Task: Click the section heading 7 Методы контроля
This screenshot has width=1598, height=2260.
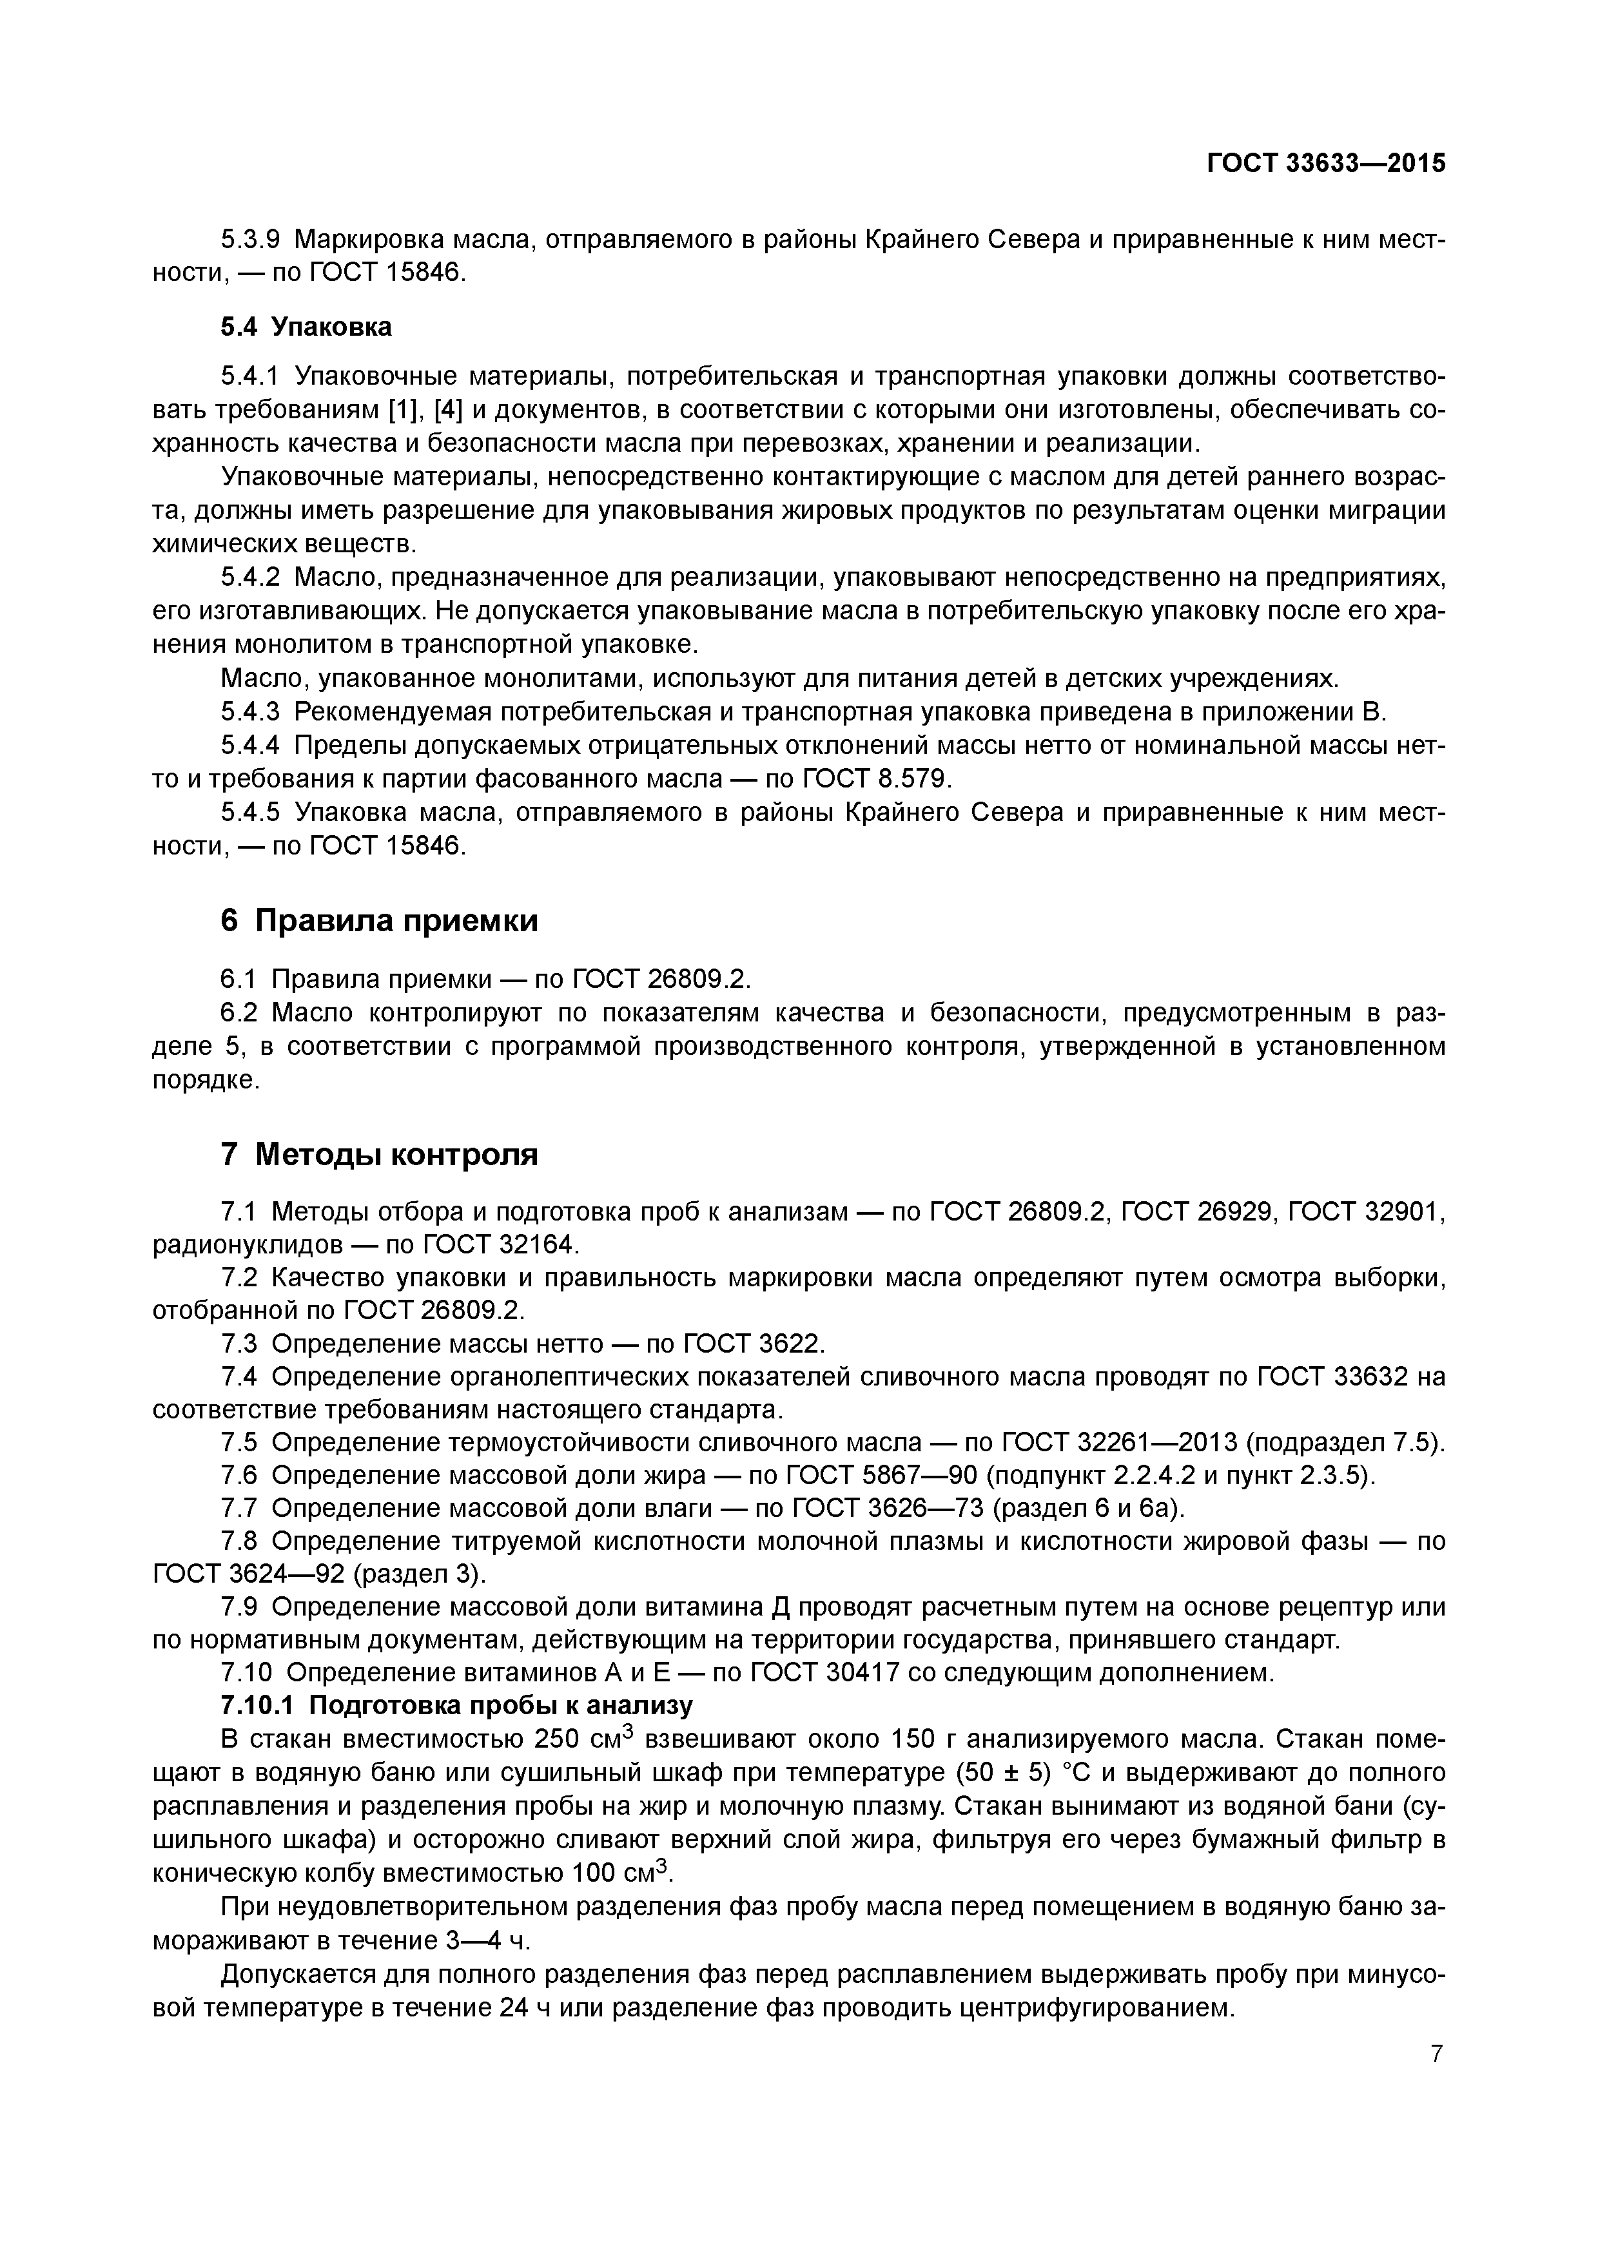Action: pos(379,1154)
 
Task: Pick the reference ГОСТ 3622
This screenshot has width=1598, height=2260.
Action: pos(751,1344)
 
